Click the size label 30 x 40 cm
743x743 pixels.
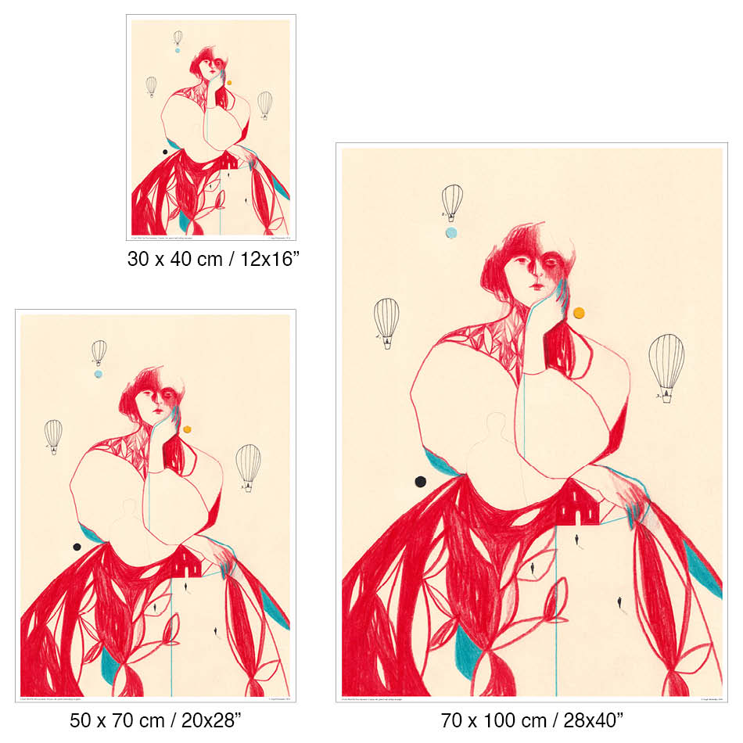(x=214, y=259)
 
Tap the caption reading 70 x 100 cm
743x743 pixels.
(x=531, y=719)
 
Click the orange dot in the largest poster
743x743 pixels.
(x=579, y=313)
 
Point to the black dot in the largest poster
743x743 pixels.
(x=421, y=481)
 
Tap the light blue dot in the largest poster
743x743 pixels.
(x=451, y=232)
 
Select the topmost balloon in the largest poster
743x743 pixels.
(x=452, y=202)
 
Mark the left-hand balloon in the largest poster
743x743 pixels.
(x=386, y=321)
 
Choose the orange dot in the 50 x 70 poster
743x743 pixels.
(x=186, y=429)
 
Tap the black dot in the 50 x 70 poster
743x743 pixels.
(x=77, y=547)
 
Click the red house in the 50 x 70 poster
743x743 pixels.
(x=186, y=563)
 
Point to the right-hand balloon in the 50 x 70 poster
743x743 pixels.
(x=249, y=465)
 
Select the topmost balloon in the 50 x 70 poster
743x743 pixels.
(x=99, y=352)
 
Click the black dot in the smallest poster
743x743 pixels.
(x=165, y=152)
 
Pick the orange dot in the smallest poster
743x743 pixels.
(x=229, y=82)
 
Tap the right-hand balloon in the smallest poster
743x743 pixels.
(x=265, y=104)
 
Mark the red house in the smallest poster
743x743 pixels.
(x=229, y=161)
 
